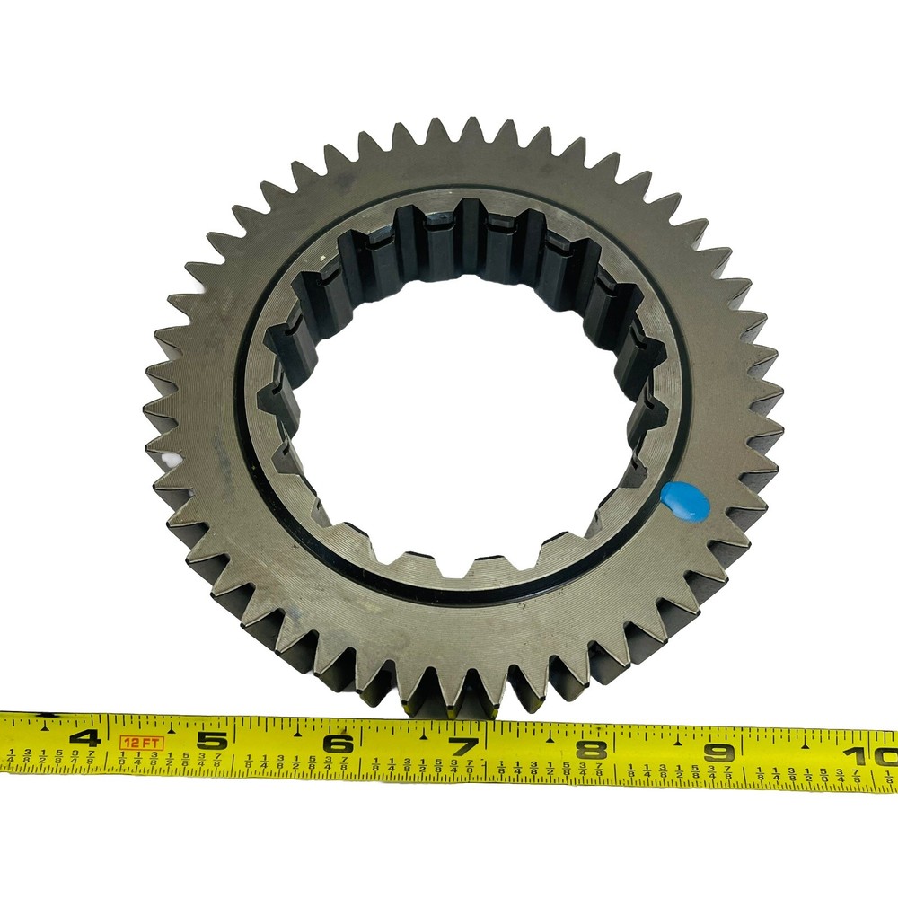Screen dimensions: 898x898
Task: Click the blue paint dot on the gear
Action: (x=684, y=501)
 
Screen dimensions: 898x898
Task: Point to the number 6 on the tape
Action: (x=338, y=744)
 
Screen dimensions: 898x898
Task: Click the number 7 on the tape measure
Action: (x=463, y=745)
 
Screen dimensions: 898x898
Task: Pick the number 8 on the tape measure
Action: (x=590, y=748)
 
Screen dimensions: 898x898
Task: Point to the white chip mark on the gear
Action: (x=169, y=461)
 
